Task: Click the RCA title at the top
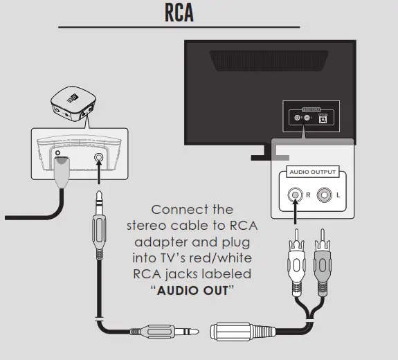(x=179, y=14)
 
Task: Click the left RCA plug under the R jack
(x=295, y=262)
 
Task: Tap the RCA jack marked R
(x=296, y=195)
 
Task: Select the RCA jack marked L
(x=325, y=195)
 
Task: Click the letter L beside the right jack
(x=338, y=196)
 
